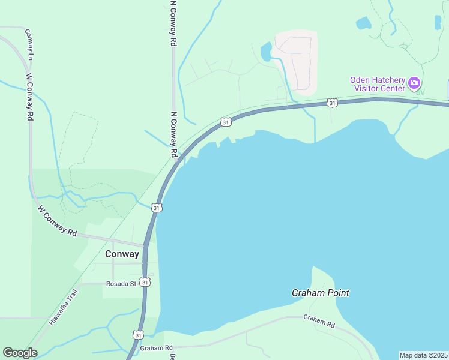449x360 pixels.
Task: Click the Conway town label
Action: click(x=122, y=254)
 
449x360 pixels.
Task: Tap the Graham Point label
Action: click(x=320, y=293)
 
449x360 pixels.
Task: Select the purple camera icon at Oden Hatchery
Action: click(x=414, y=82)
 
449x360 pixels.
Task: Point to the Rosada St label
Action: click(x=121, y=284)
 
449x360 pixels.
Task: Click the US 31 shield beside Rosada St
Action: click(x=145, y=281)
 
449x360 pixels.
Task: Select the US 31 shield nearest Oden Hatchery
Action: click(x=332, y=103)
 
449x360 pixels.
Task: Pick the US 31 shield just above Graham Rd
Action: click(x=139, y=335)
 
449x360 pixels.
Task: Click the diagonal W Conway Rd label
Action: click(x=58, y=221)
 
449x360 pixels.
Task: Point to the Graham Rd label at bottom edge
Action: click(x=156, y=348)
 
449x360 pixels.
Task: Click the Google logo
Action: click(x=20, y=353)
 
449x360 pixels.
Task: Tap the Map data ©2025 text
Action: click(x=423, y=355)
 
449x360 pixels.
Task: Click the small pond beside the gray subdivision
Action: click(x=266, y=52)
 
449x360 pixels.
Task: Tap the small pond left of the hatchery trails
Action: click(x=363, y=23)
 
